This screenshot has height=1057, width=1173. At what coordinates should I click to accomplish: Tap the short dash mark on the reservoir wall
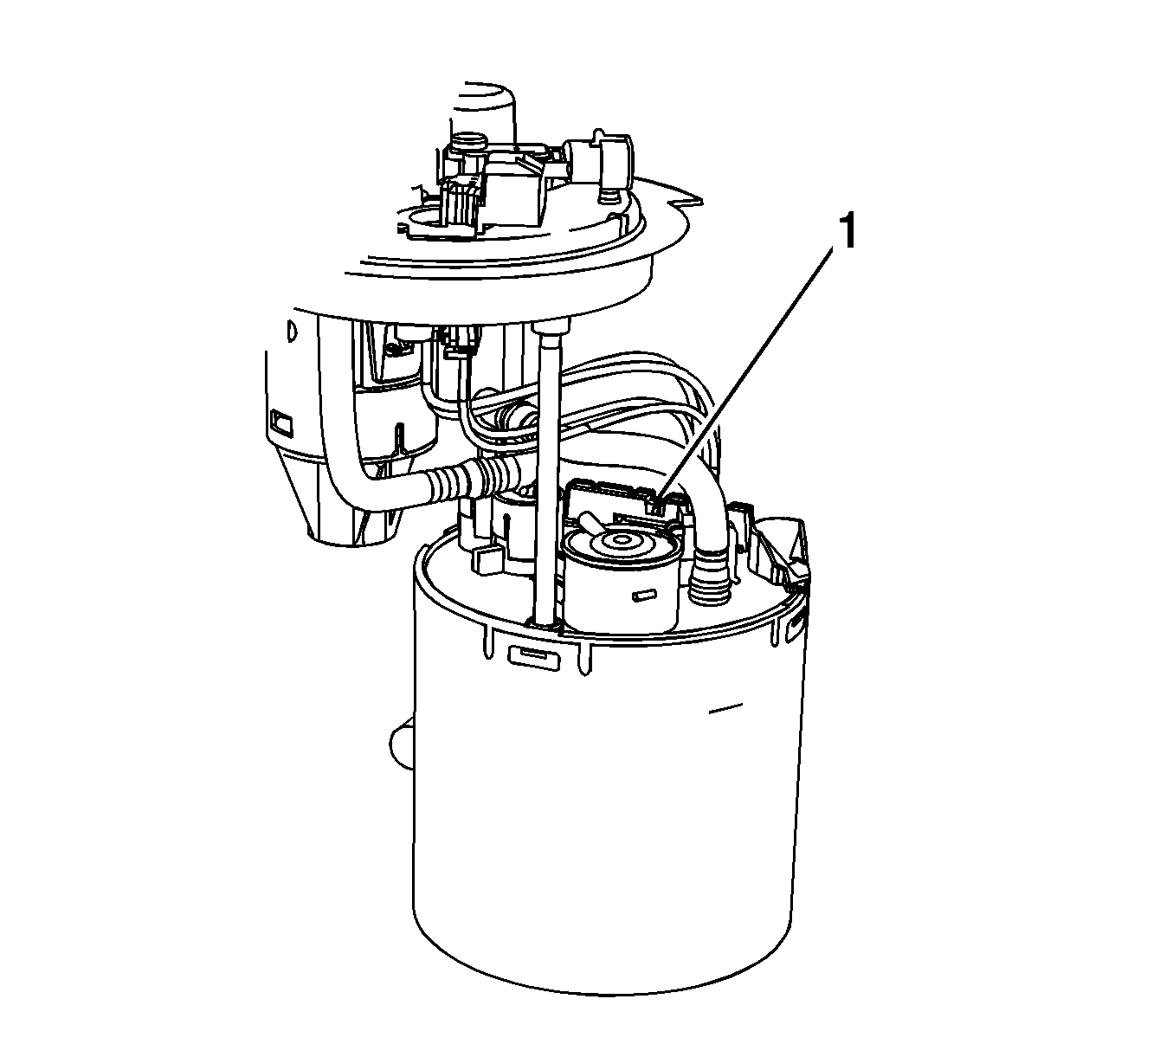coord(725,710)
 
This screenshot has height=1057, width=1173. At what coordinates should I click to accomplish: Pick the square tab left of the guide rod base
coord(487,560)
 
